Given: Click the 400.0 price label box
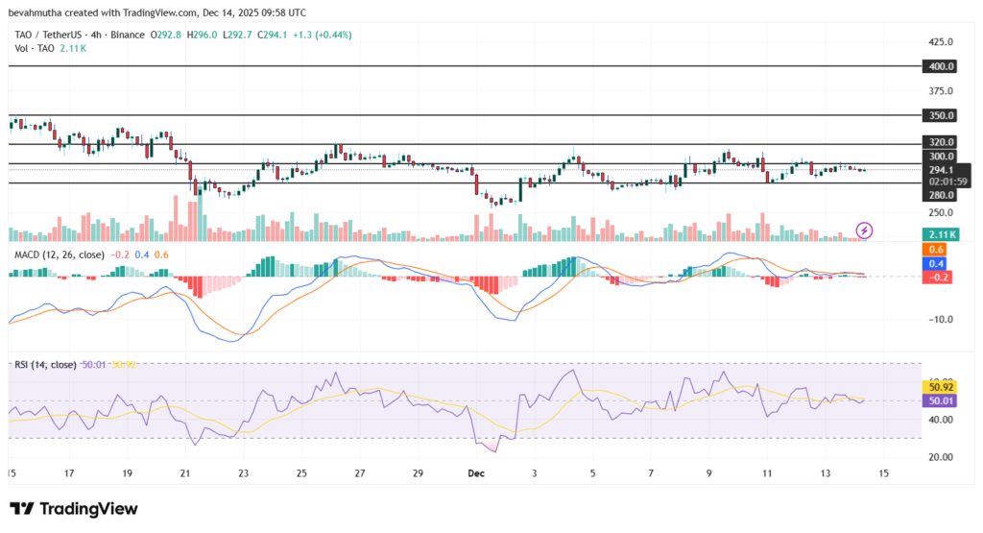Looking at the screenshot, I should click(x=940, y=66).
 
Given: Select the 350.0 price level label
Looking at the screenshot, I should click(x=940, y=115).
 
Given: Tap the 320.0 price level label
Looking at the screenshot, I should click(x=940, y=141).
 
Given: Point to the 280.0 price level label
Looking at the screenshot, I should click(x=940, y=195).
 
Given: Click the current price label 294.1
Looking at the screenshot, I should click(x=940, y=169).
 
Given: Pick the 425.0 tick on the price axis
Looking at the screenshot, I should click(x=940, y=42).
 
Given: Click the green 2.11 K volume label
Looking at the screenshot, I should click(x=940, y=234).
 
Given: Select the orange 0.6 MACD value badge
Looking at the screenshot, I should click(x=937, y=250).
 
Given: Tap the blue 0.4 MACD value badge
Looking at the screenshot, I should click(x=937, y=263).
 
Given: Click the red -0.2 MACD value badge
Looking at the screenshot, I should click(x=937, y=277).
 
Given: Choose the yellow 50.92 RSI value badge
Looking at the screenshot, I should click(x=938, y=387).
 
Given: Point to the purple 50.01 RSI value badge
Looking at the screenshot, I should click(x=938, y=400).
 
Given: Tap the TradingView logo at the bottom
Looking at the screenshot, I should click(x=74, y=509).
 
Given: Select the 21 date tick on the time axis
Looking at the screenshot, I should click(x=186, y=473).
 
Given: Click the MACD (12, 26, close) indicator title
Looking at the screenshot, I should click(x=58, y=254).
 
